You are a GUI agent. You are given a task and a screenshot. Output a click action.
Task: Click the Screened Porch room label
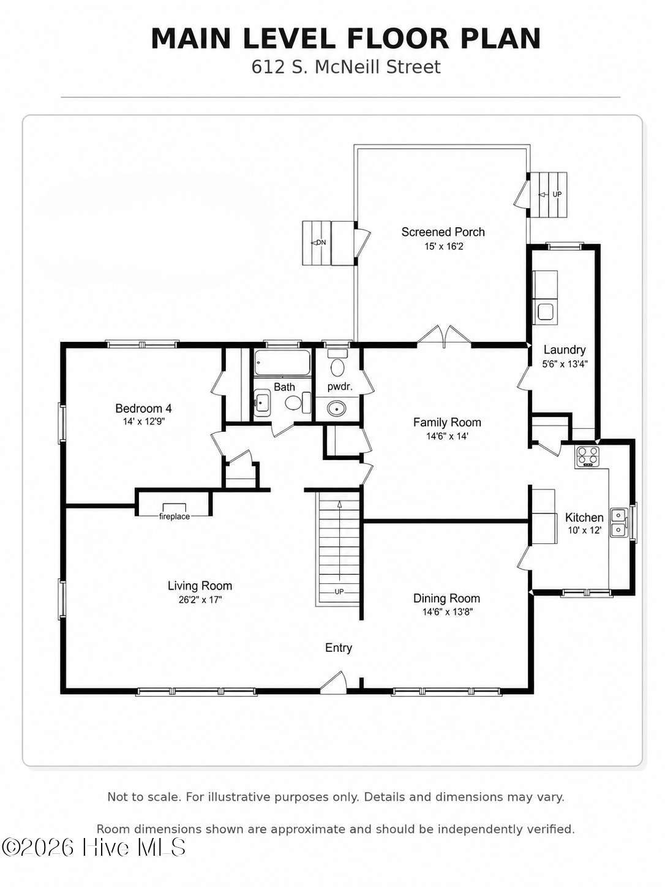[x=443, y=232]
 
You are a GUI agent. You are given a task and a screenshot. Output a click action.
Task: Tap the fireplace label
[x=174, y=516]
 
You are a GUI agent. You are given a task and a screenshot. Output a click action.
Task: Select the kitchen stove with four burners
[x=587, y=457]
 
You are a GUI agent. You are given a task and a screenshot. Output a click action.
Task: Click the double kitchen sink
[x=619, y=523]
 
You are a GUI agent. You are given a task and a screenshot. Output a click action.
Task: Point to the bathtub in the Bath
[x=282, y=363]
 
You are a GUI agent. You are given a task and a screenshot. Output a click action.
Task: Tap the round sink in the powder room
[x=337, y=409]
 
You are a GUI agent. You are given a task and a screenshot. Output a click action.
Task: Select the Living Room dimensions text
[x=200, y=600]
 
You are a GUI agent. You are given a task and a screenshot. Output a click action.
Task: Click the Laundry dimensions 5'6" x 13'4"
[x=565, y=364]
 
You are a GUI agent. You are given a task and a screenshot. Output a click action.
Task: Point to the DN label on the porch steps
[x=321, y=243]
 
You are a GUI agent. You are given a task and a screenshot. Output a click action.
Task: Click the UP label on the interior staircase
[x=339, y=592]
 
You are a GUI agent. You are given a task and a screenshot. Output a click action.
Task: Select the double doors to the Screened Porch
[x=444, y=336]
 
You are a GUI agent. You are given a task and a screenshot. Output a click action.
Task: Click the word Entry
[x=339, y=647]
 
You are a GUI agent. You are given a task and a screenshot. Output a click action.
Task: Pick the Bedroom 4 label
[x=143, y=409]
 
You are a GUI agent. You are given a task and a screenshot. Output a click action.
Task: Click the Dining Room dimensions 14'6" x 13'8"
[x=448, y=612]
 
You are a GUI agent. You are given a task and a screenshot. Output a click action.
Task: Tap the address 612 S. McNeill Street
[x=346, y=67]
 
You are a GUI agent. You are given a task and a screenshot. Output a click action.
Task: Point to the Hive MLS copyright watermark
[x=93, y=847]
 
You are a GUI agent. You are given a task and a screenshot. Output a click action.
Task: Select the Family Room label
[x=447, y=422]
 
